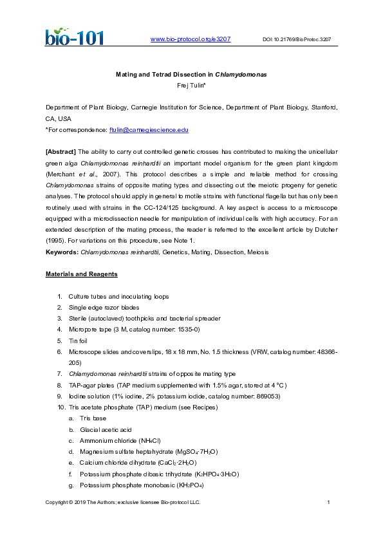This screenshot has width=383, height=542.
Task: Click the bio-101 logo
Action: tap(73, 35)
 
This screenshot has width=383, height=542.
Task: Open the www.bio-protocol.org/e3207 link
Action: tap(190, 39)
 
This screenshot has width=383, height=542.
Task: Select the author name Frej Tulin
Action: tap(191, 85)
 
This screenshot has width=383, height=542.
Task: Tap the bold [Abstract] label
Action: tap(60, 152)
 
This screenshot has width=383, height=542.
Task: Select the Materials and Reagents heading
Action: tap(81, 274)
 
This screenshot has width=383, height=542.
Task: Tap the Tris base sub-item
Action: tap(93, 418)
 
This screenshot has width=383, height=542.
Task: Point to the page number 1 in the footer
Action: tap(328, 502)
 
